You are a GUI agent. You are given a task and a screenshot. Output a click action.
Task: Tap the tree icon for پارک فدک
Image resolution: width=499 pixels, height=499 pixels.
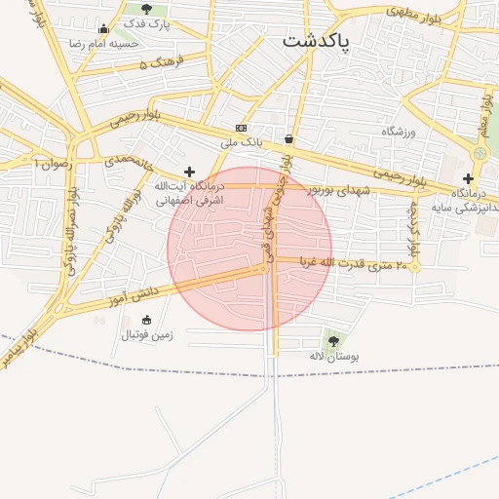click(133, 10)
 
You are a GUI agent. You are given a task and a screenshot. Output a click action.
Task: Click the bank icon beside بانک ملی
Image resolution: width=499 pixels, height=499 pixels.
click(241, 128)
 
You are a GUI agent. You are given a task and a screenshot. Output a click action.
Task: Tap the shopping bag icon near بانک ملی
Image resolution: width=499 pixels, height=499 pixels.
click(288, 138)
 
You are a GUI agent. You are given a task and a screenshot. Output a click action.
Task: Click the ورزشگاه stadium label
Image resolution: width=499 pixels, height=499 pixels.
click(399, 132)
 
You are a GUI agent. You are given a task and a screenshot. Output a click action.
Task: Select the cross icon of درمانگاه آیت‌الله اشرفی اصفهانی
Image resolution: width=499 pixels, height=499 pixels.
click(189, 172)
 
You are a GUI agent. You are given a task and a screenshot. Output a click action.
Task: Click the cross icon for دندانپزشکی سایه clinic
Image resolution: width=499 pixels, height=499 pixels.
click(469, 178)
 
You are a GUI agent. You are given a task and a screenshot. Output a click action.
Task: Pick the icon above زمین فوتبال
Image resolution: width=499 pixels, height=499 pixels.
click(147, 320)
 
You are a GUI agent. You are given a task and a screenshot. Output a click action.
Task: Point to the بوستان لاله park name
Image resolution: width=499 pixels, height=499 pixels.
click(334, 358)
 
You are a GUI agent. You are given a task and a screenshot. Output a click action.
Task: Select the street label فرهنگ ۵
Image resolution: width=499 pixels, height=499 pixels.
click(157, 64)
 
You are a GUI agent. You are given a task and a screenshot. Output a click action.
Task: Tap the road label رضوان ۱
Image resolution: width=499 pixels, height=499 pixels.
click(53, 163)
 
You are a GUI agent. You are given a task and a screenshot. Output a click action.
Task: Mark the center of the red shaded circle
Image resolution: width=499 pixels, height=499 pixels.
click(249, 249)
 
